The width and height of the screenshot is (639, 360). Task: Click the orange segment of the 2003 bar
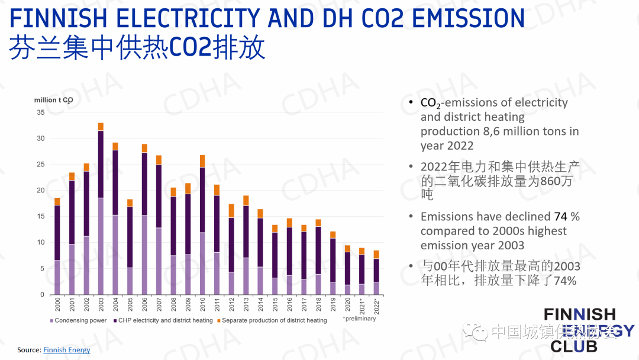point(101,127)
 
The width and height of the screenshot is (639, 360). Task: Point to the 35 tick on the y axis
point(40,112)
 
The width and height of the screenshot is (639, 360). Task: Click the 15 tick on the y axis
point(40,217)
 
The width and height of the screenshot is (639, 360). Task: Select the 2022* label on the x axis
point(377,307)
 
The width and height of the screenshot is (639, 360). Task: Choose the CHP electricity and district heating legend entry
point(165,320)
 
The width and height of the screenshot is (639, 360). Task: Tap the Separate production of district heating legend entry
point(274,320)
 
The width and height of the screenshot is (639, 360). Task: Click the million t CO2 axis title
point(53,100)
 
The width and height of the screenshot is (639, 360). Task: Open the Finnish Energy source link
point(67,350)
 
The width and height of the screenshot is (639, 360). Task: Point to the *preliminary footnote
point(359,319)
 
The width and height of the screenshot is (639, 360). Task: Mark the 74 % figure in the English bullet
point(567,217)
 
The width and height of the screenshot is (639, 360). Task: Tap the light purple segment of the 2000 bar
point(57,277)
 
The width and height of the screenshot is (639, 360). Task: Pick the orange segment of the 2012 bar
point(231,211)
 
